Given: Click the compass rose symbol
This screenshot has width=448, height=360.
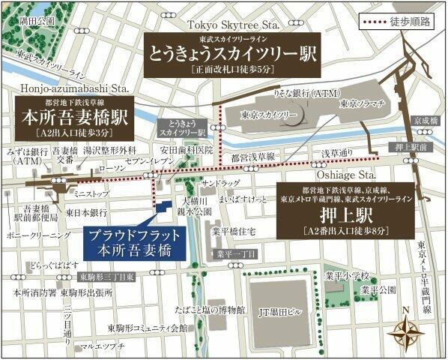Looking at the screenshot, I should tap(407, 328).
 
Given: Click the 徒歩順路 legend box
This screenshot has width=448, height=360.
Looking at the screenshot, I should tap(397, 22).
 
